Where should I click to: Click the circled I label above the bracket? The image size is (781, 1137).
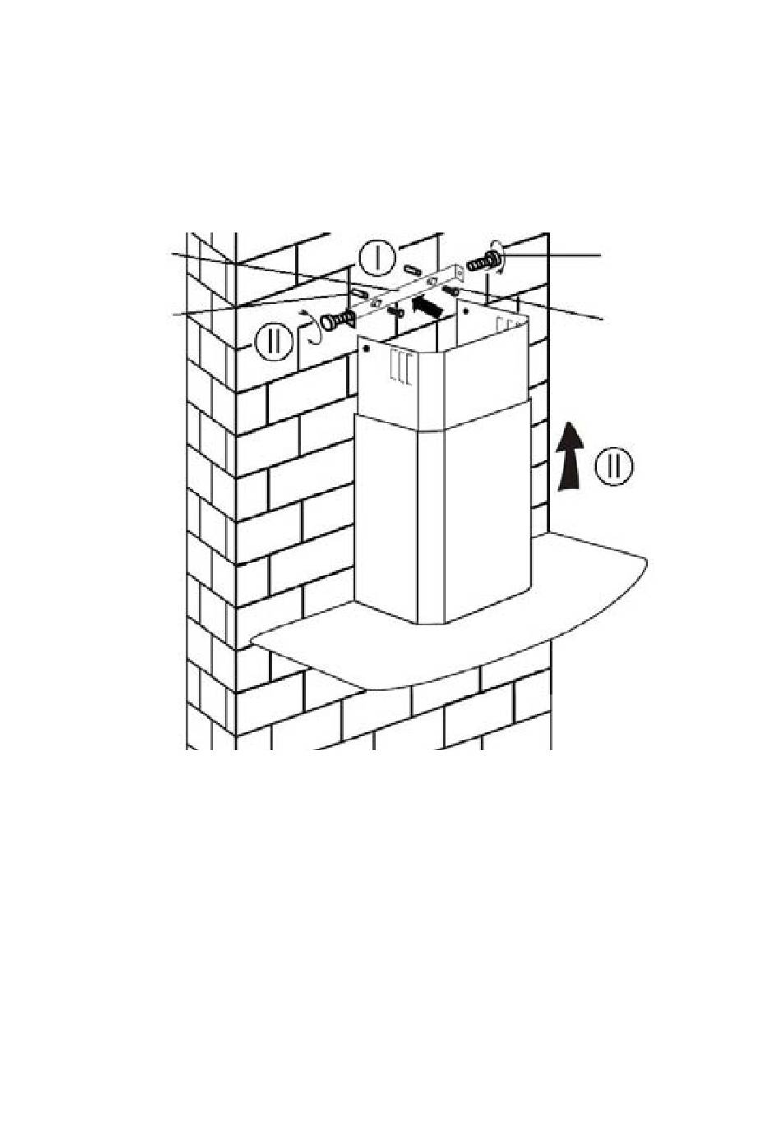(375, 257)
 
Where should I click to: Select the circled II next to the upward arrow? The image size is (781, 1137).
(615, 466)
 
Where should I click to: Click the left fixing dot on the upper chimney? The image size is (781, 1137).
(365, 349)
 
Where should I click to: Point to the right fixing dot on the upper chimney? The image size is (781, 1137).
(467, 312)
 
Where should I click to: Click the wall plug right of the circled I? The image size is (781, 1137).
(413, 269)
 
